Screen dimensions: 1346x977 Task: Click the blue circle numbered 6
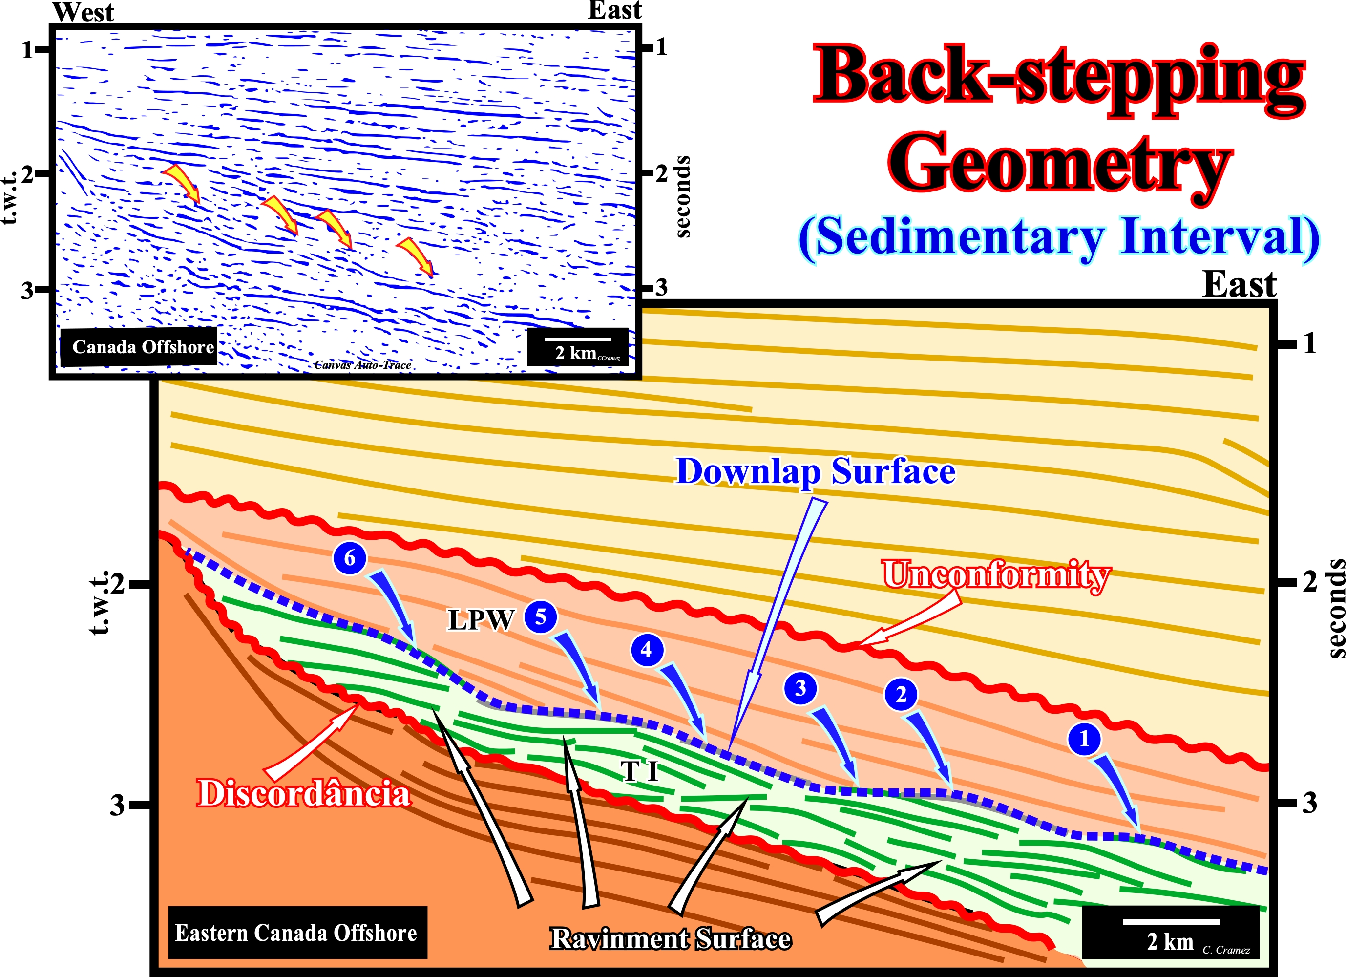pos(350,557)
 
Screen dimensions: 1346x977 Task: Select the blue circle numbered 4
pos(646,649)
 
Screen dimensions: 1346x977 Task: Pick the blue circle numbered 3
pos(800,688)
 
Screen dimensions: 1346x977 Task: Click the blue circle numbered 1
pos(1084,739)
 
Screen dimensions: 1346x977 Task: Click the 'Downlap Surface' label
pos(816,472)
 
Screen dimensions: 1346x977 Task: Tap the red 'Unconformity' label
pos(995,574)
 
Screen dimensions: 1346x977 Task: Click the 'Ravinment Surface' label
pos(670,938)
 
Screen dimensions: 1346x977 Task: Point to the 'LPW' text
pos(481,620)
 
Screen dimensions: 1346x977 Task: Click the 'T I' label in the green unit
pos(640,771)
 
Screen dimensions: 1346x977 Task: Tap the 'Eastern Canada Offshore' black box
pos(297,933)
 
